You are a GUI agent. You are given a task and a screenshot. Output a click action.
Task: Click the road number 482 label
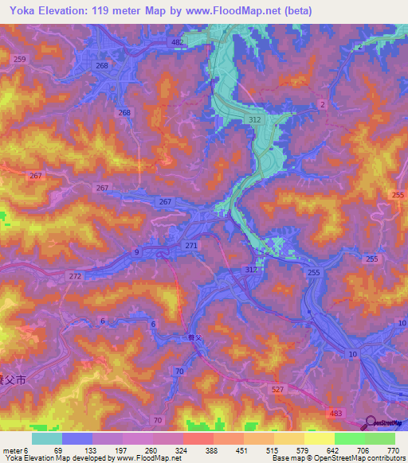(x=177, y=41)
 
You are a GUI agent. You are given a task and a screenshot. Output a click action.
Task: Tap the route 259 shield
(x=20, y=60)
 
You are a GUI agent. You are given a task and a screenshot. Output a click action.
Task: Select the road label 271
(x=190, y=247)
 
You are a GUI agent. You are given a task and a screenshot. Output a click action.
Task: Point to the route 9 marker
(x=136, y=252)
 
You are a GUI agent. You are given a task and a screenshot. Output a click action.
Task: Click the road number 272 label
(x=75, y=275)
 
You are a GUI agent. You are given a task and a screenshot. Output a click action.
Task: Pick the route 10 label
(x=351, y=353)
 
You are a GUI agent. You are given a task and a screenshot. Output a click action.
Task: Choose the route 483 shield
(x=336, y=414)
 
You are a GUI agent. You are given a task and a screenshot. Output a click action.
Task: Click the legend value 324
(x=182, y=450)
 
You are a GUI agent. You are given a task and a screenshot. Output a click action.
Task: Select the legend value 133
(x=91, y=450)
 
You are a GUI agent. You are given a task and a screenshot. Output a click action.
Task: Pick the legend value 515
(x=273, y=450)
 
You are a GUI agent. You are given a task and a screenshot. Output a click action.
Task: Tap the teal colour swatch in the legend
(x=46, y=438)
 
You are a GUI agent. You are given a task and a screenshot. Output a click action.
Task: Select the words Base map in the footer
(x=284, y=458)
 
